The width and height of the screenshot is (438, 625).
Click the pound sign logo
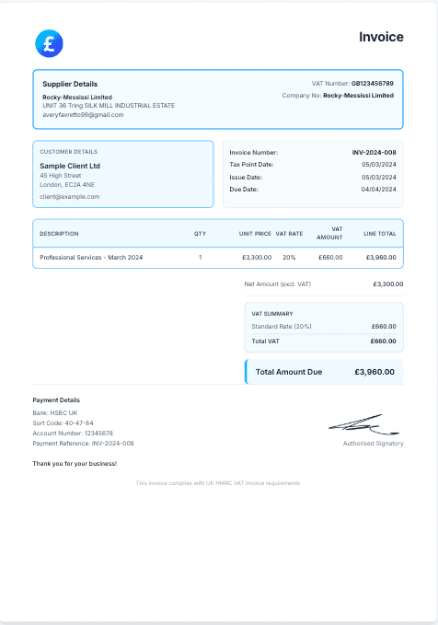pos(48,42)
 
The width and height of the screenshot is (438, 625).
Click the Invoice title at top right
pos(381,37)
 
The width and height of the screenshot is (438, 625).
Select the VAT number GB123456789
pos(373,83)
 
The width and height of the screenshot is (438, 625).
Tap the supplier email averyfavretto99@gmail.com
pos(83,115)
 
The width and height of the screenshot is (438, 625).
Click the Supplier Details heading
pos(70,84)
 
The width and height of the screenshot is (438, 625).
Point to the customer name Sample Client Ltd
pos(70,166)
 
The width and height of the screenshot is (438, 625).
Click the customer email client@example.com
pos(70,196)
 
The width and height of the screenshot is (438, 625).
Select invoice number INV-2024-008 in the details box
pos(375,152)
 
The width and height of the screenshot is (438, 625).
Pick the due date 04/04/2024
pos(379,189)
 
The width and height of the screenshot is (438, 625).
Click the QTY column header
pos(200,234)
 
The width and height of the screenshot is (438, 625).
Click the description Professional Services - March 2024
pos(91,257)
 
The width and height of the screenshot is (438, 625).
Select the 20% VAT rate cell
pos(289,257)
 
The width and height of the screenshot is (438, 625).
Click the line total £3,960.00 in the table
pos(381,257)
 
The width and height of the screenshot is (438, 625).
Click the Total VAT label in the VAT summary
pos(265,341)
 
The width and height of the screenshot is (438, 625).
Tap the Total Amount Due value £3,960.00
pos(375,372)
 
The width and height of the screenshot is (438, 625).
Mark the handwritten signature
pos(365,425)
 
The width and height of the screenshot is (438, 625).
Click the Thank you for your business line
pos(75,463)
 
